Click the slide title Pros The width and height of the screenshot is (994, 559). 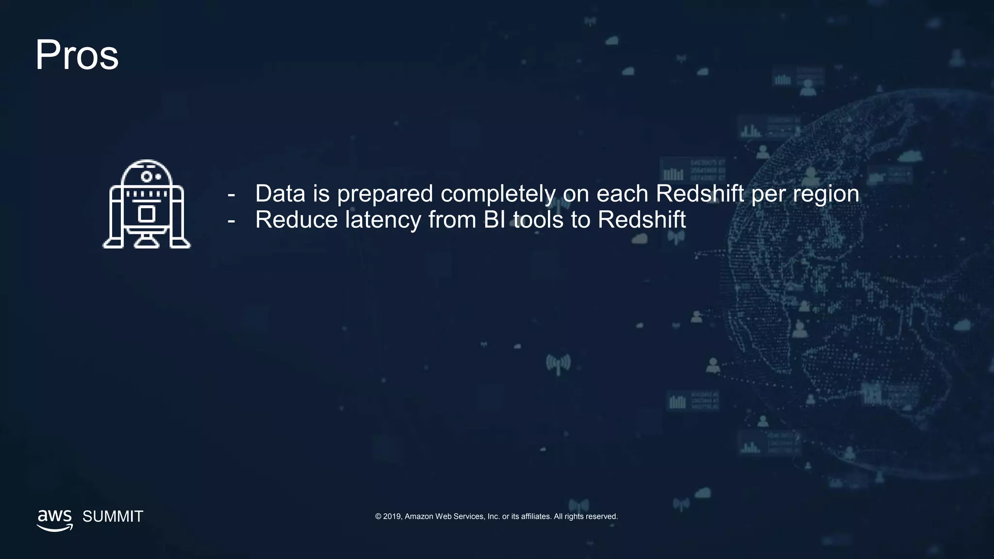pos(77,55)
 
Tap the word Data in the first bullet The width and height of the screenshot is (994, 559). pos(280,194)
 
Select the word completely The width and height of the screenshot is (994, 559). pos(497,194)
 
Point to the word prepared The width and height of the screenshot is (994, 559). pos(384,195)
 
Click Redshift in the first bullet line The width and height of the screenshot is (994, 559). pos(699,194)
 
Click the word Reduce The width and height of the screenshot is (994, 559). pos(296,220)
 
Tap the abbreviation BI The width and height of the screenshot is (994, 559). pos(494,220)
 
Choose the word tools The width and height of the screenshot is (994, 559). pos(538,220)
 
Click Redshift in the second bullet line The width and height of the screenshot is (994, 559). pos(641,220)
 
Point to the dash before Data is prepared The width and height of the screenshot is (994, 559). pos(232,195)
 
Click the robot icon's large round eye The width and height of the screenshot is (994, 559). pos(146,176)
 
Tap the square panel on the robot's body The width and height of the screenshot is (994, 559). pos(146,214)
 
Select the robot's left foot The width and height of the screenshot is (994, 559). pos(114,242)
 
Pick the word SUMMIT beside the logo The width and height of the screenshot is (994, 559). pos(113,516)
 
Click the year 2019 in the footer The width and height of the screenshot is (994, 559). pos(392,516)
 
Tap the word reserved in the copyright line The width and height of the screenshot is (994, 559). pos(601,516)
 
